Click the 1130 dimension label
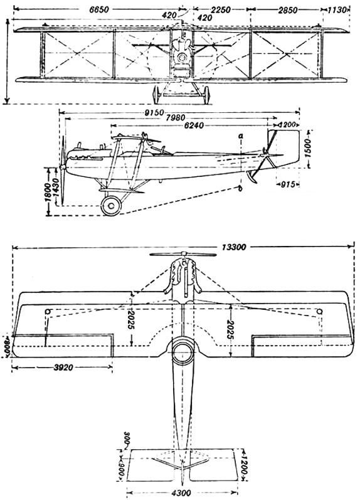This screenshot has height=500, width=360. (339, 10)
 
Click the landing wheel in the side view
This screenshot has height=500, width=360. (112, 205)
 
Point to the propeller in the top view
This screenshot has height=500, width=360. (182, 256)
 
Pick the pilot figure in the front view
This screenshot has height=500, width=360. (183, 46)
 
